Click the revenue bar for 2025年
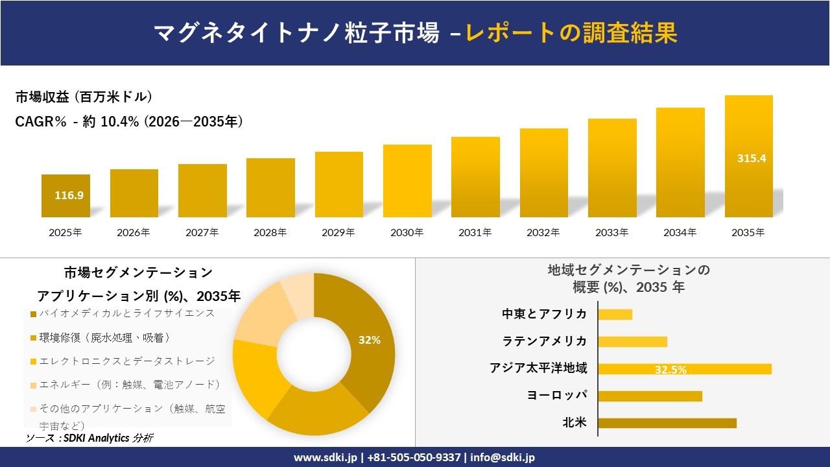tap(65, 196)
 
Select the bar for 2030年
tap(407, 181)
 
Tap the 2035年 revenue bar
tap(748, 156)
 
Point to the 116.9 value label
tap(69, 195)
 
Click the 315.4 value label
tap(752, 158)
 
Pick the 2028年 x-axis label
tap(270, 232)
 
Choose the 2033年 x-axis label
tap(612, 232)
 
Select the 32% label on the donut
tap(370, 340)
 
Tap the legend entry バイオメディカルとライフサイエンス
tap(126, 313)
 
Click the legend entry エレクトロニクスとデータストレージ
tap(126, 361)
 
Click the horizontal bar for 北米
tap(667, 423)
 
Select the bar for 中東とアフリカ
tap(615, 315)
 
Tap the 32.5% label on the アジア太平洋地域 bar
tap(670, 370)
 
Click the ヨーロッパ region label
tap(557, 395)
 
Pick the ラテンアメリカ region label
tap(545, 341)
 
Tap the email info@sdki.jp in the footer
tap(503, 457)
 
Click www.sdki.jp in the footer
tap(326, 457)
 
